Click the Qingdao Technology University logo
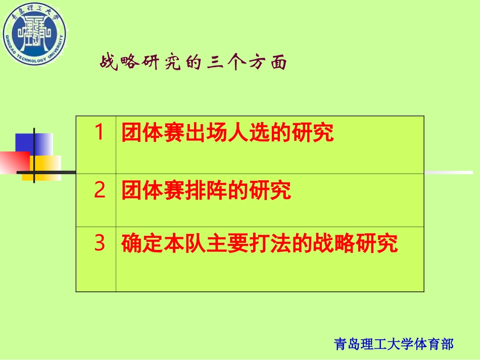coord(34,33)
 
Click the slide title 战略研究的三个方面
coord(194,63)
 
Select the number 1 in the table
coord(100,133)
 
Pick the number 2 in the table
coord(100,190)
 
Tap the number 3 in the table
coord(100,243)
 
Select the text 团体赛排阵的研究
coord(206,190)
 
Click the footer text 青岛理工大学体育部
coord(394,344)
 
